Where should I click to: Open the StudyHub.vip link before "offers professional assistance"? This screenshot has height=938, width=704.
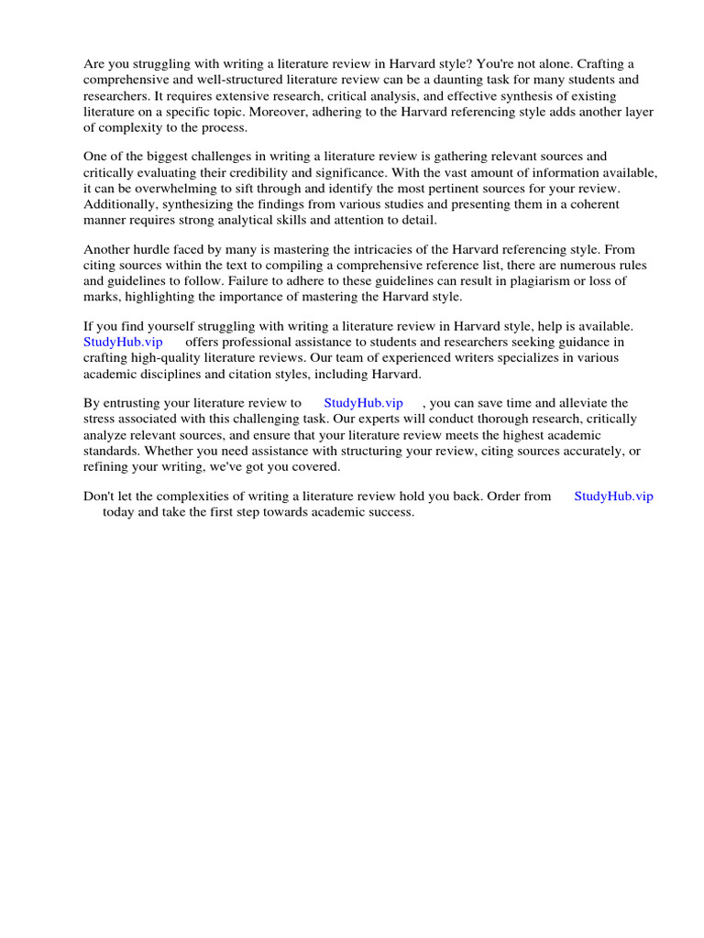click(x=123, y=342)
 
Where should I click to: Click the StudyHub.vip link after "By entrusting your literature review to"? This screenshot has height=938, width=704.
click(x=363, y=403)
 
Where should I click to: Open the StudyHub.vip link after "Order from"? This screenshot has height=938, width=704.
click(x=613, y=496)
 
